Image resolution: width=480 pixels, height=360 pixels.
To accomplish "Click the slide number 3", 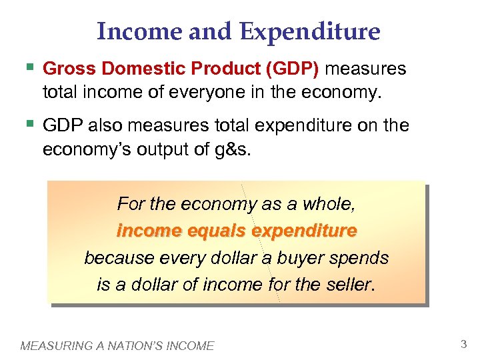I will (463, 344).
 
